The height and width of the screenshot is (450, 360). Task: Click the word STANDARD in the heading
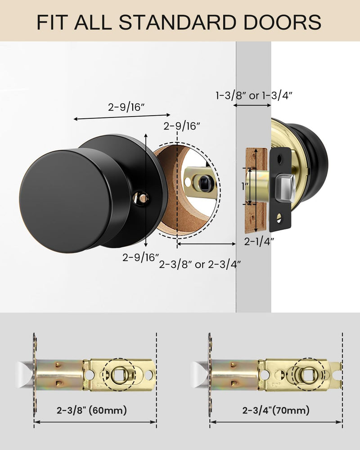[177, 22]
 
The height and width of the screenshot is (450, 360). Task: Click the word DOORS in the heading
[283, 22]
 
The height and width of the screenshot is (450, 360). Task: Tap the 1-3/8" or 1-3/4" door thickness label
[254, 95]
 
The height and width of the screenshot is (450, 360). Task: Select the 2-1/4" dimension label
[259, 241]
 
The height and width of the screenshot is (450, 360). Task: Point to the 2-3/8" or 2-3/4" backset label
[200, 264]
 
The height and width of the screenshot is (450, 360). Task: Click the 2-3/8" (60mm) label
[92, 410]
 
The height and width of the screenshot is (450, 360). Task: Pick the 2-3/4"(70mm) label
[276, 410]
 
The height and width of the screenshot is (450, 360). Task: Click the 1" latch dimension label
[244, 187]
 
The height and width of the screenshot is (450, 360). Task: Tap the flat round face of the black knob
[65, 201]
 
